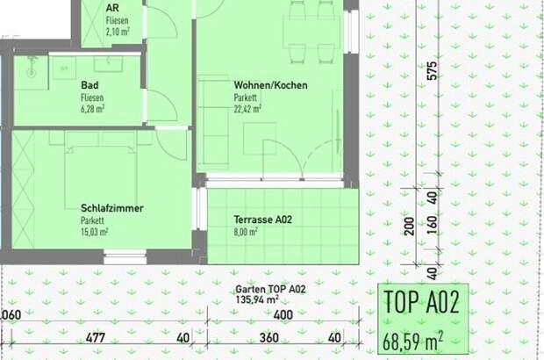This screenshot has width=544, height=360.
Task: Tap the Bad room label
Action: (x=89, y=85)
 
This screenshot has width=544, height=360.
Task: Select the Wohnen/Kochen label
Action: (x=270, y=86)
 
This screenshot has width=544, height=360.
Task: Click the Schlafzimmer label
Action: (x=111, y=208)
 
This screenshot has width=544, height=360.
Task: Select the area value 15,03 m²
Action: (x=95, y=232)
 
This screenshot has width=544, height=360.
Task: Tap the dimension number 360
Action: (x=268, y=338)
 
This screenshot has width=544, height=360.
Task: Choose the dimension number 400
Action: (x=282, y=315)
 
